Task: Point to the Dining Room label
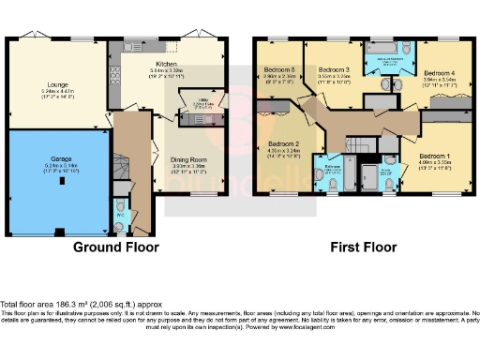[x=187, y=160]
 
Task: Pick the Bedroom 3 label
[x=334, y=70]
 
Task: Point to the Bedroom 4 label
[x=439, y=73]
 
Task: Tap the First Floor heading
[x=363, y=247]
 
